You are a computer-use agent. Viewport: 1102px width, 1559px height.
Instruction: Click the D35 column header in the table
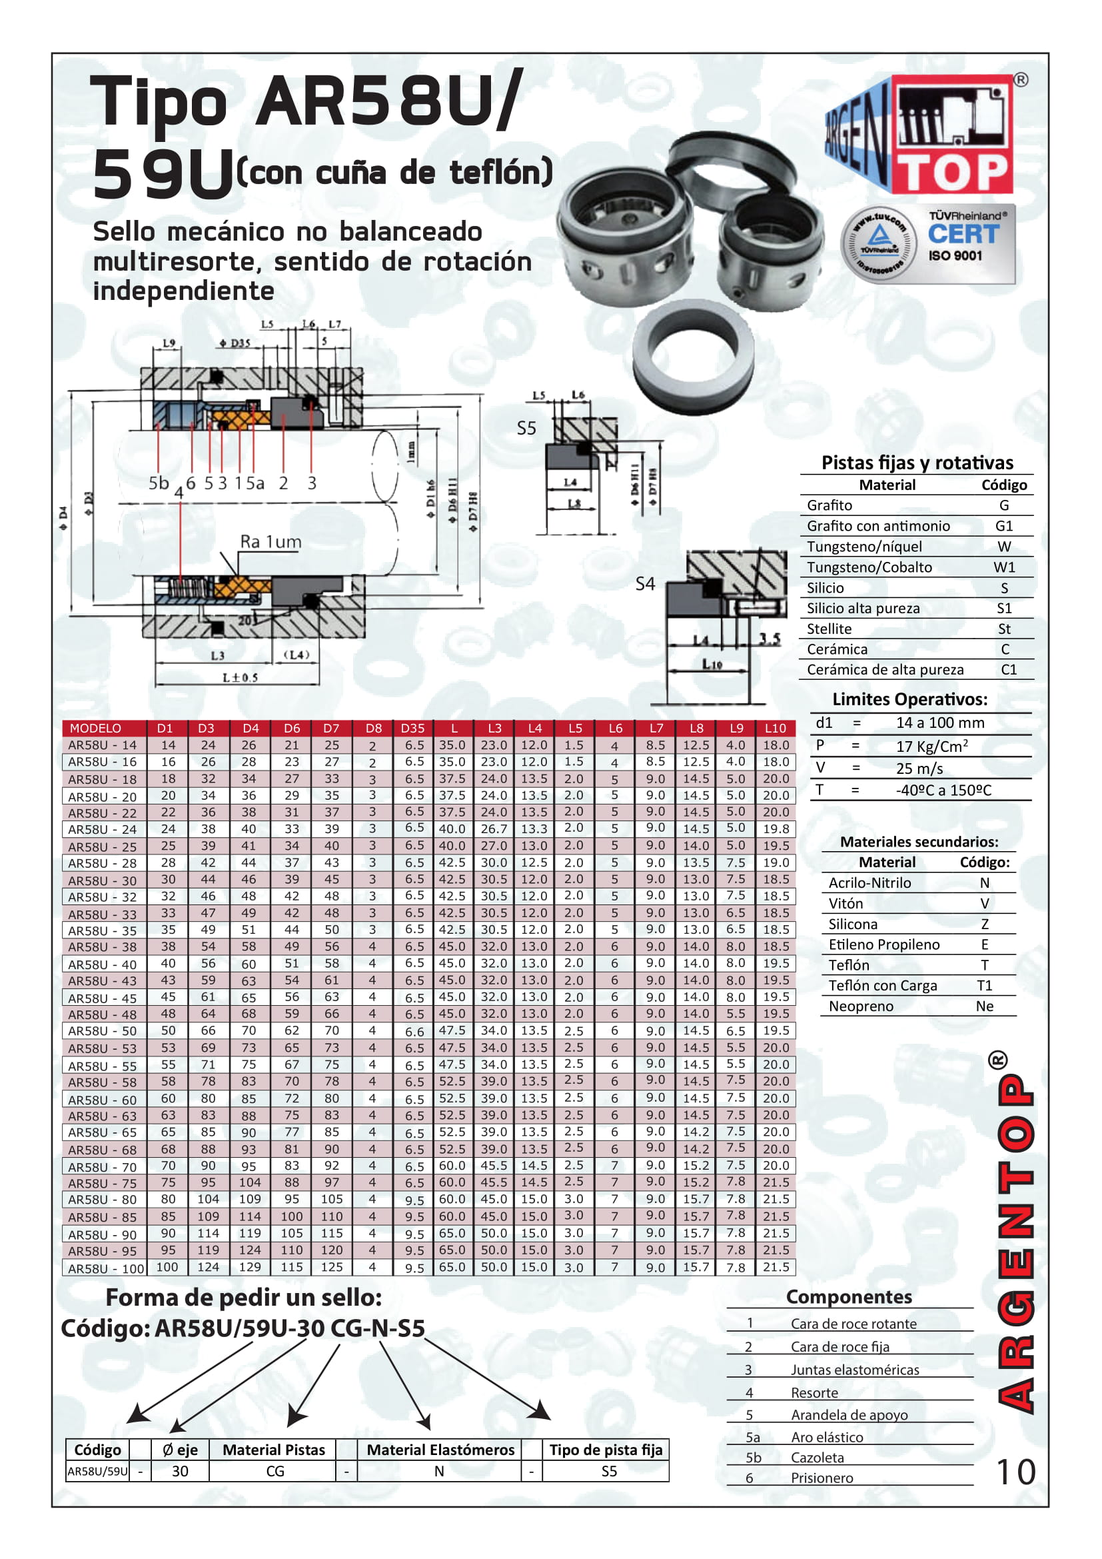(x=412, y=728)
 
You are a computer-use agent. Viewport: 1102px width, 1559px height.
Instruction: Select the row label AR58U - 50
(x=103, y=1030)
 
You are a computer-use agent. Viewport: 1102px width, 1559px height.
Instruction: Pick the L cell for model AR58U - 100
(x=452, y=1267)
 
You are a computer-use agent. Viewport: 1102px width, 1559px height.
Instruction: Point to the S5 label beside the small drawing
(x=526, y=429)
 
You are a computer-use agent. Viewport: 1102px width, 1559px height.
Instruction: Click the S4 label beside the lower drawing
(x=645, y=584)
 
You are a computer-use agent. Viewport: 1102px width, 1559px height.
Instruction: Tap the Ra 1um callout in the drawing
(x=270, y=542)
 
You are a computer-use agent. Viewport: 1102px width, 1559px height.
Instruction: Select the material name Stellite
(x=829, y=629)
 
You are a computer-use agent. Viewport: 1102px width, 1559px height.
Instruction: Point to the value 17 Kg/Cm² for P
(x=931, y=747)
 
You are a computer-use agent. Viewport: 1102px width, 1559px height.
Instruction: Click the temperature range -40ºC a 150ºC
(x=943, y=790)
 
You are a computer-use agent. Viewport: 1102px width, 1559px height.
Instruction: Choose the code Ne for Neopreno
(x=984, y=1006)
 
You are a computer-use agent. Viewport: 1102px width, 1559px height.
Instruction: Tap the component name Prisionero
(x=822, y=1478)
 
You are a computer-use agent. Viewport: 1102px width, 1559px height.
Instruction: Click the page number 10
(x=1015, y=1472)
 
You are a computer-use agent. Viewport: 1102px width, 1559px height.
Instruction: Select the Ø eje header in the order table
(x=180, y=1450)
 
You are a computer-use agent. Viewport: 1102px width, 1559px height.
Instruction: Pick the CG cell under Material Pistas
(x=275, y=1471)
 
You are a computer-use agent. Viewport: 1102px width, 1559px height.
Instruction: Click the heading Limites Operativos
(x=909, y=699)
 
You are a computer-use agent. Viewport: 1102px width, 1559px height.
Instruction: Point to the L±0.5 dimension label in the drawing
(x=240, y=678)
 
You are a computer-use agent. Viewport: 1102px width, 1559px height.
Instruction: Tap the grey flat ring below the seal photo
(x=693, y=361)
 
